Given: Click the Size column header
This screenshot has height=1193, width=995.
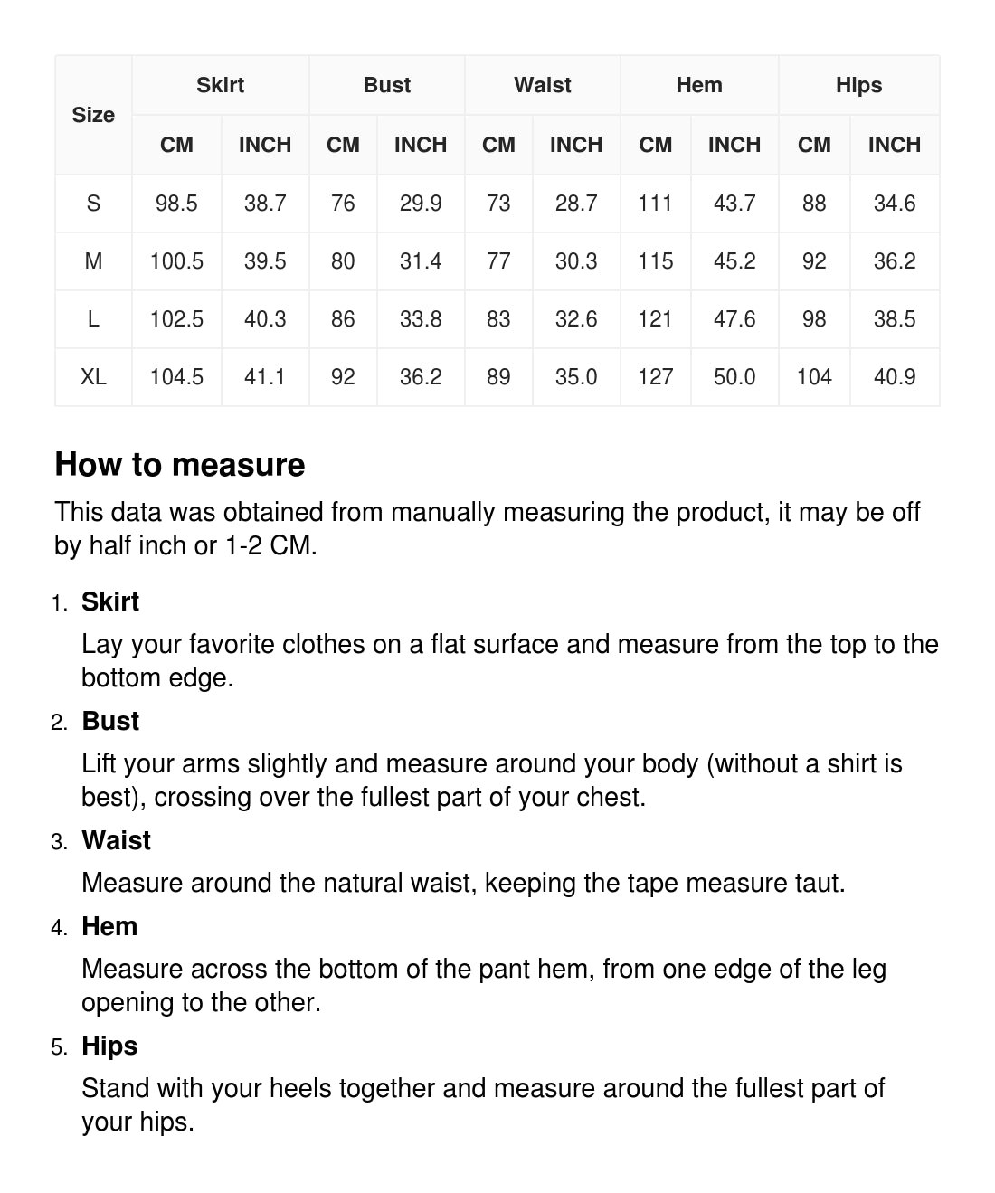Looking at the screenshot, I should point(93,115).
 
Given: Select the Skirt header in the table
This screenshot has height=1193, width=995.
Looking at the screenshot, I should point(220,85).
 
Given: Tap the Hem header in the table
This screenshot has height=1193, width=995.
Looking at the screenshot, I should point(699,85).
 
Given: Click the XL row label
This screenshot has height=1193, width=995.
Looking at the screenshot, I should point(93,376).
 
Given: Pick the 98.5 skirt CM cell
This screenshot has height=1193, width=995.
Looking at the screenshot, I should point(176,203).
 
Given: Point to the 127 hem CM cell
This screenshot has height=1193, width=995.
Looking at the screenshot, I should point(655,376).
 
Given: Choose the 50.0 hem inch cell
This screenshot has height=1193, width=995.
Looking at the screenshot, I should point(734,376).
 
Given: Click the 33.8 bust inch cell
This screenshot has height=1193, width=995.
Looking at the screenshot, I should point(421,318).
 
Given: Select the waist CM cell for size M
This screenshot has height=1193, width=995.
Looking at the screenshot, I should point(498,260).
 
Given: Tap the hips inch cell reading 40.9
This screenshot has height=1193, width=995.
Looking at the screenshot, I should point(895,376).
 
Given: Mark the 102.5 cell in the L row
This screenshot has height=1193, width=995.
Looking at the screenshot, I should point(176,318).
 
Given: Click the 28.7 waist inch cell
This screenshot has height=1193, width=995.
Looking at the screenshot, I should point(576,203).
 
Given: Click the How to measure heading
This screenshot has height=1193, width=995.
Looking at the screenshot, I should point(180,464).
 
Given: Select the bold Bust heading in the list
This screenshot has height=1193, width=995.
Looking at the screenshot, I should point(110,721).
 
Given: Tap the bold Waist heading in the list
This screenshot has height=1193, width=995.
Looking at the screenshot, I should point(116,840).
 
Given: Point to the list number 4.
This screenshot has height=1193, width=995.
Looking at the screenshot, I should point(60,928).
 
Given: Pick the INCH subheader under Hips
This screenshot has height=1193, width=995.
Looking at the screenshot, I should point(895,145).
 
